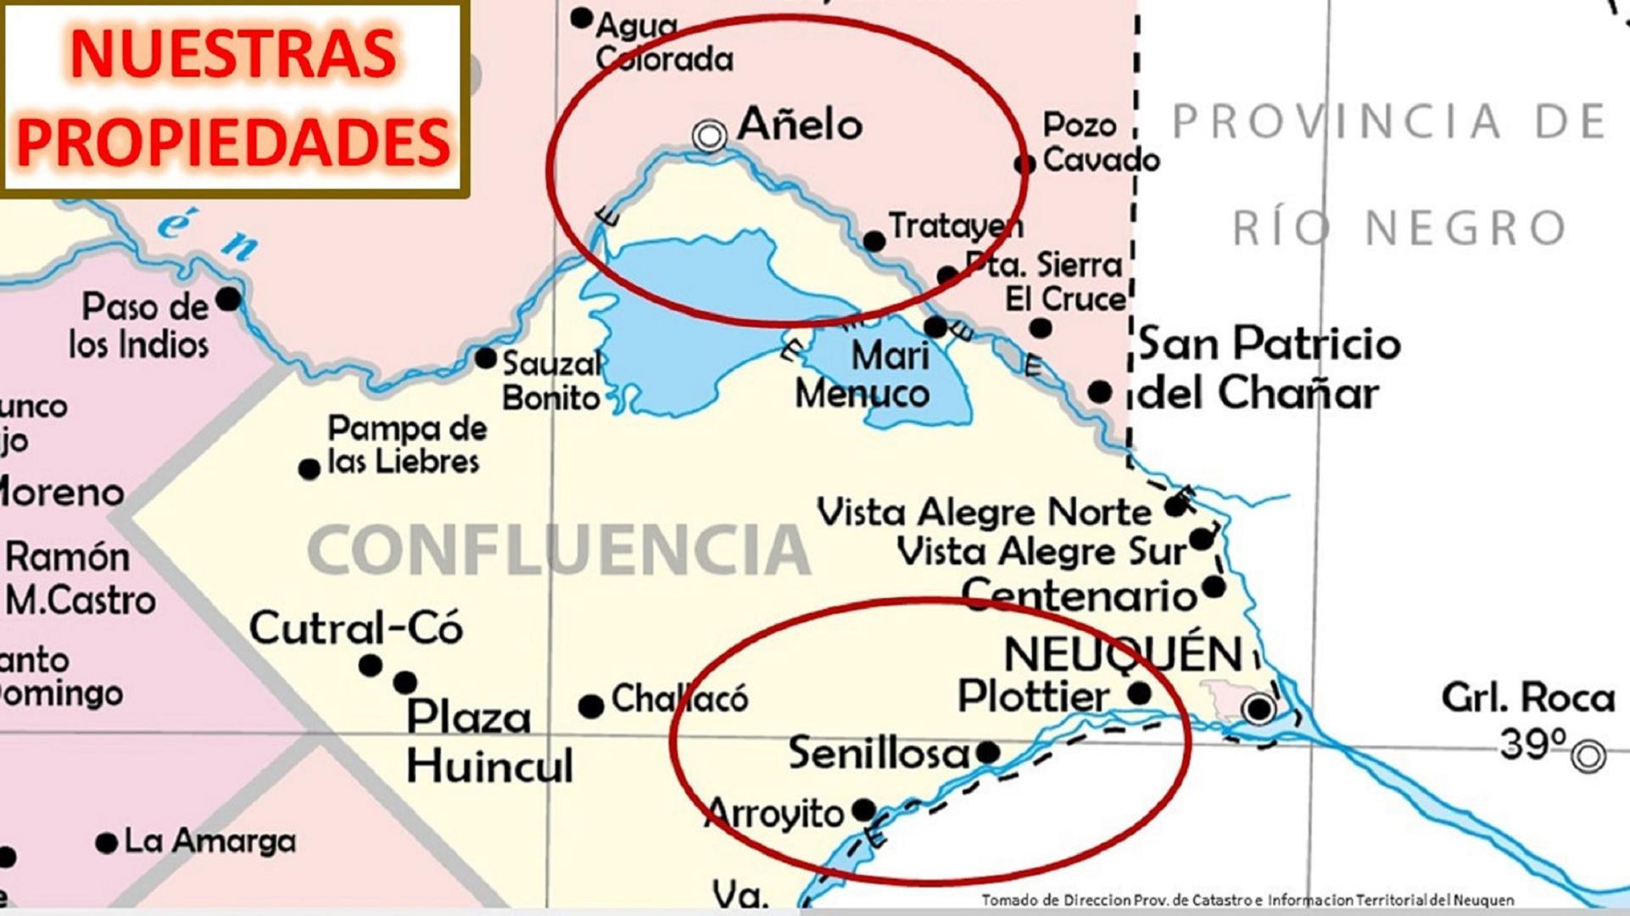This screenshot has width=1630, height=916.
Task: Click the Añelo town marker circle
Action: [709, 135]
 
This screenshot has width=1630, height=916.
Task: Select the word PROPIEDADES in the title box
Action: [233, 140]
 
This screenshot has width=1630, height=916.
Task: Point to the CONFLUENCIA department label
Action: [558, 550]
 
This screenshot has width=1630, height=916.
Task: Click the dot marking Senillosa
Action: [987, 752]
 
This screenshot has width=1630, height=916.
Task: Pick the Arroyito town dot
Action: [863, 809]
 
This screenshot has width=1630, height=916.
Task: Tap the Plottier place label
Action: [1033, 697]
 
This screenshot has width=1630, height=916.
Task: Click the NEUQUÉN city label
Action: [1123, 655]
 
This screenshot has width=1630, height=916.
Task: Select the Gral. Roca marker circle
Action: [1588, 756]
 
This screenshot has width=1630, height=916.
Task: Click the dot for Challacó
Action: [591, 706]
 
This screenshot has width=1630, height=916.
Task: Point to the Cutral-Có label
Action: [355, 628]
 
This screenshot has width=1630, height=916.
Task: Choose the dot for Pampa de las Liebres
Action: [310, 468]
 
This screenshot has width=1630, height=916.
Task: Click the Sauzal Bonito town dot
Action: [485, 358]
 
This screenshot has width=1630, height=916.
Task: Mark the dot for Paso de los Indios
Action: [228, 299]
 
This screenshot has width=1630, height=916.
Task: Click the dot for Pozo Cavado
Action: [1024, 164]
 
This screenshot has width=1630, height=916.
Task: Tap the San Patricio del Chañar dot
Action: [1099, 392]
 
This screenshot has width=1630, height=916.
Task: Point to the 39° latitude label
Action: [1532, 745]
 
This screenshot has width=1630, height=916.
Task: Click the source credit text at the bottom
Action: [1248, 900]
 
